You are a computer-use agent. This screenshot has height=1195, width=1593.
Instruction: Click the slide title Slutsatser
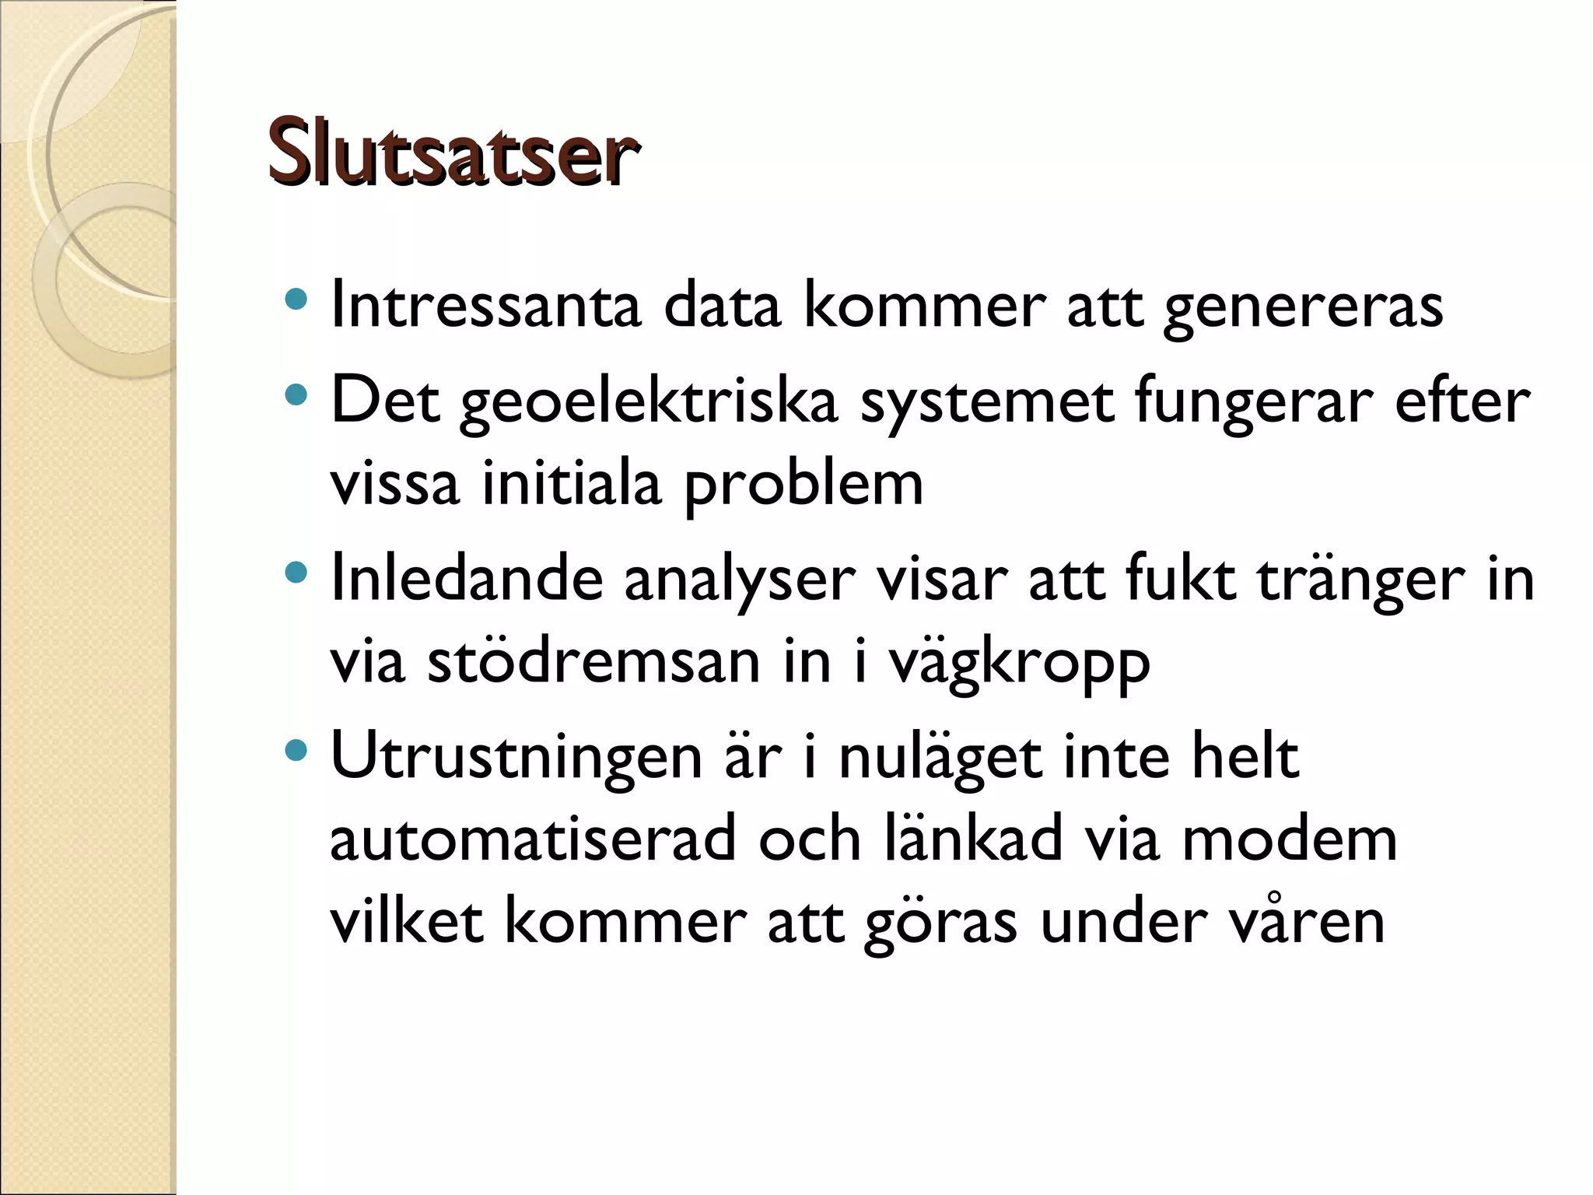pos(453,152)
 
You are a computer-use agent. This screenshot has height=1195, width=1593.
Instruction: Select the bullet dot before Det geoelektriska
pos(296,395)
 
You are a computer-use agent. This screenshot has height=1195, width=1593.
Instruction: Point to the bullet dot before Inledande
pos(296,573)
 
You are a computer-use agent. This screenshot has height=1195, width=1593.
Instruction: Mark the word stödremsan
pos(593,663)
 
